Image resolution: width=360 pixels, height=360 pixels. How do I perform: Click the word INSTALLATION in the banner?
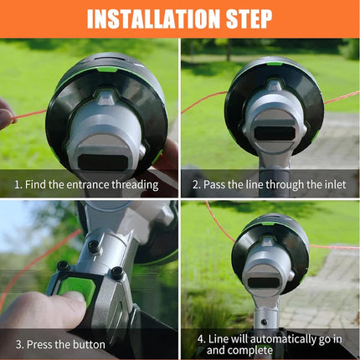[x=154, y=19]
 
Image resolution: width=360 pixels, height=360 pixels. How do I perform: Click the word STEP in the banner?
[x=249, y=19]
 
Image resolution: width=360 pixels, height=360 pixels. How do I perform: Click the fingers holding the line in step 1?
[x=6, y=114]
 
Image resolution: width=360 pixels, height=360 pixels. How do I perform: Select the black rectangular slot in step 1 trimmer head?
[x=103, y=162]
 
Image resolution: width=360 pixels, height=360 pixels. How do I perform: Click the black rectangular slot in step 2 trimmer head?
[x=275, y=133]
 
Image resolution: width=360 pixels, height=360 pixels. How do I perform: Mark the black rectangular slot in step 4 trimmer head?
[x=264, y=283]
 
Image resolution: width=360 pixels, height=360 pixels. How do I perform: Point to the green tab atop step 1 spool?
[x=107, y=69]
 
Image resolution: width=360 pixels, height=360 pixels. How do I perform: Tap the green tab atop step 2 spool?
[x=275, y=64]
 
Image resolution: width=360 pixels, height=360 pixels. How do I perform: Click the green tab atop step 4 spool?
[x=269, y=224]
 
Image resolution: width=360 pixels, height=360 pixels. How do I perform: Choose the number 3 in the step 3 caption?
[x=19, y=344]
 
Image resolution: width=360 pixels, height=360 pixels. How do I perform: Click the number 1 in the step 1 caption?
[x=18, y=185]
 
